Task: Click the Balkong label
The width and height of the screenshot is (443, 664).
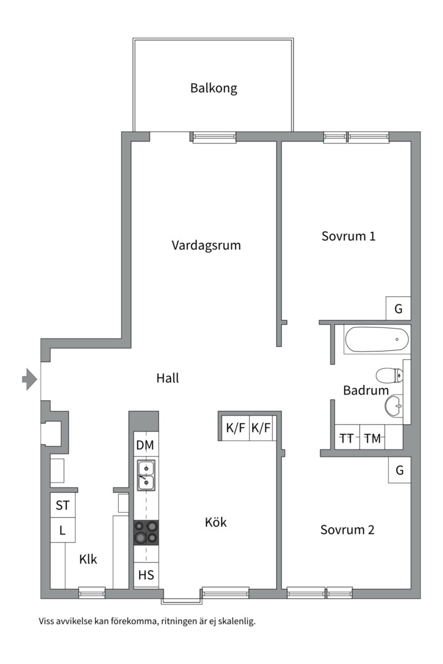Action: click(x=214, y=88)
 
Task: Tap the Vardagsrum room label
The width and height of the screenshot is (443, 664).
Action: click(x=206, y=245)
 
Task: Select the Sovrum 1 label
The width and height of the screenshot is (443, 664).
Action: click(x=348, y=236)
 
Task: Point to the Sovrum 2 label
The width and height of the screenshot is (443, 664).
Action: click(x=347, y=529)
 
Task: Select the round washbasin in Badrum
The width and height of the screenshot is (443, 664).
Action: click(x=393, y=405)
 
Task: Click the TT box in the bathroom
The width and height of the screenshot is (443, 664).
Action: click(x=347, y=438)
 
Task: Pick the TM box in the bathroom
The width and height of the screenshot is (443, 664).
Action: click(x=372, y=438)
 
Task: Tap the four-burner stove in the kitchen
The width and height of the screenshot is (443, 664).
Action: click(x=146, y=532)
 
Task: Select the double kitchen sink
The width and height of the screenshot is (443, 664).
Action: click(x=146, y=475)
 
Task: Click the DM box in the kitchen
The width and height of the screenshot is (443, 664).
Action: click(x=146, y=445)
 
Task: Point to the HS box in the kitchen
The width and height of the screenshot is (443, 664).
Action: click(x=146, y=575)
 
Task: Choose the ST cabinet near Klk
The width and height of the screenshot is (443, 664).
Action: click(x=62, y=505)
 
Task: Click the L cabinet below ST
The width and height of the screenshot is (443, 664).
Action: click(x=62, y=530)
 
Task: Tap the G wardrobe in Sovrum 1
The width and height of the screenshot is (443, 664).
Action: click(x=398, y=309)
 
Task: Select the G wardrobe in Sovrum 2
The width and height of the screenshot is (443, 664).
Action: click(x=399, y=470)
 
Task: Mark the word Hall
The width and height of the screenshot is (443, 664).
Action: click(x=167, y=378)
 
